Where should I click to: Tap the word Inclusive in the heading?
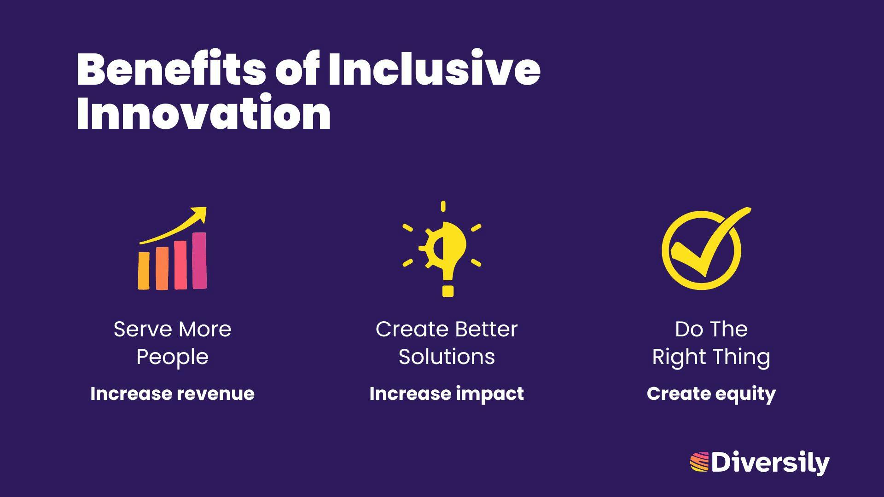point(434,69)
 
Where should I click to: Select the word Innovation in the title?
point(204,113)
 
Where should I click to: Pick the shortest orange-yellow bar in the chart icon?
point(144,271)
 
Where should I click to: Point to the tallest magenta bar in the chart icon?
point(199,261)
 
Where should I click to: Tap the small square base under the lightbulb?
point(448,291)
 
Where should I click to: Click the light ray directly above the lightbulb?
point(443,206)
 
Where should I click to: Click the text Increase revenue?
point(172,394)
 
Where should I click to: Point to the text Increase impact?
point(447,394)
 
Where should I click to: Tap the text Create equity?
point(711,394)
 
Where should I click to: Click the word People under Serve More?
point(172,357)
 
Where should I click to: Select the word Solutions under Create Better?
point(447,357)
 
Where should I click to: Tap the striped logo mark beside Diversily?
point(699,462)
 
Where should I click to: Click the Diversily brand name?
point(770,463)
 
